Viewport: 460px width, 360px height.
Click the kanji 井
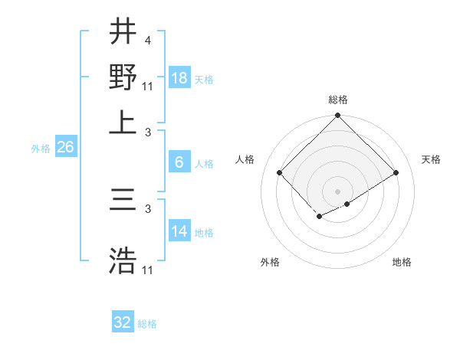click(x=123, y=33)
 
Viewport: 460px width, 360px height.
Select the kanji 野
click(x=123, y=77)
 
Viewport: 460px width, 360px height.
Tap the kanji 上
click(x=123, y=121)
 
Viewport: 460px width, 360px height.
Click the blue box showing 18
click(x=179, y=78)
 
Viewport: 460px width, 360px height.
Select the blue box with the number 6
click(x=179, y=162)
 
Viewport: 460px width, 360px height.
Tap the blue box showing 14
click(x=179, y=231)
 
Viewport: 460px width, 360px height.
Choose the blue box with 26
click(x=65, y=148)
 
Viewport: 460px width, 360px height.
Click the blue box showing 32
click(x=123, y=322)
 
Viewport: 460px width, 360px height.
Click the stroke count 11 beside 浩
click(x=148, y=270)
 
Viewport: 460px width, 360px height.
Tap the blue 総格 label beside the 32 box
click(x=147, y=324)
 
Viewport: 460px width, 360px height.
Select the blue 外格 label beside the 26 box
click(x=41, y=149)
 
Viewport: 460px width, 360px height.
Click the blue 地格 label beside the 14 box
click(x=204, y=232)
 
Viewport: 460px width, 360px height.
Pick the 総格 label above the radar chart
click(x=338, y=100)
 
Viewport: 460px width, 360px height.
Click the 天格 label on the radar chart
click(x=432, y=159)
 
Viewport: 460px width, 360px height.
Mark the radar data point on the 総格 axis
click(x=338, y=117)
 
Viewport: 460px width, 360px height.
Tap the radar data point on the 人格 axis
click(x=280, y=172)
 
